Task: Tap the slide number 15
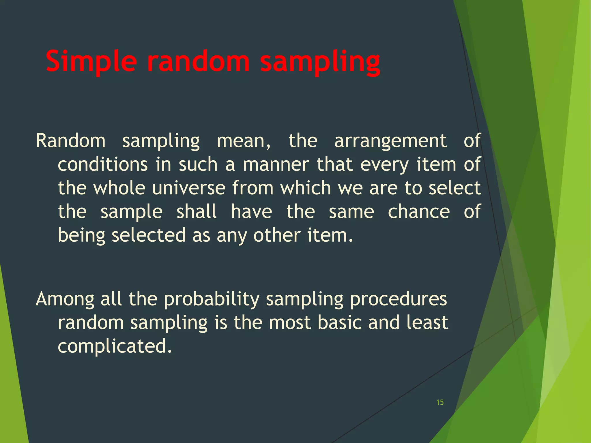coord(440,402)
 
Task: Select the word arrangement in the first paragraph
coord(390,141)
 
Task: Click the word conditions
coord(103,165)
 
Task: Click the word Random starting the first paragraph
coord(70,141)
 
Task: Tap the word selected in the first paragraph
coord(148,235)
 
